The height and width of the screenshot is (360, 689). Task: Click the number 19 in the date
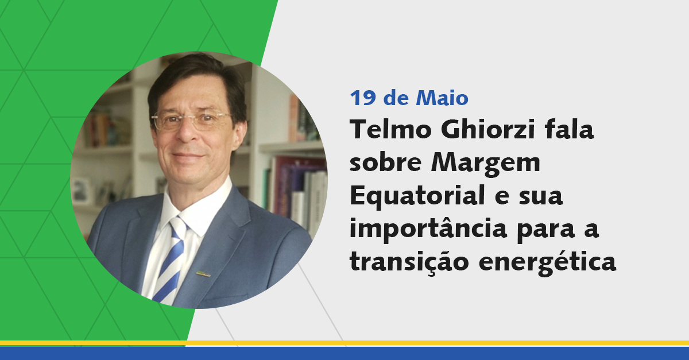363,98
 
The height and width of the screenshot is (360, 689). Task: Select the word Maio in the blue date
442,98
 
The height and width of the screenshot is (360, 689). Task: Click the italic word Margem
485,165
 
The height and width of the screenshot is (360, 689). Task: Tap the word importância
428,229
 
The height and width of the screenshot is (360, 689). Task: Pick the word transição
409,262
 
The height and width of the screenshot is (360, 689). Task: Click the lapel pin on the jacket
203,273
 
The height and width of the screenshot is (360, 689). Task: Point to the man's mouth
188,156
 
